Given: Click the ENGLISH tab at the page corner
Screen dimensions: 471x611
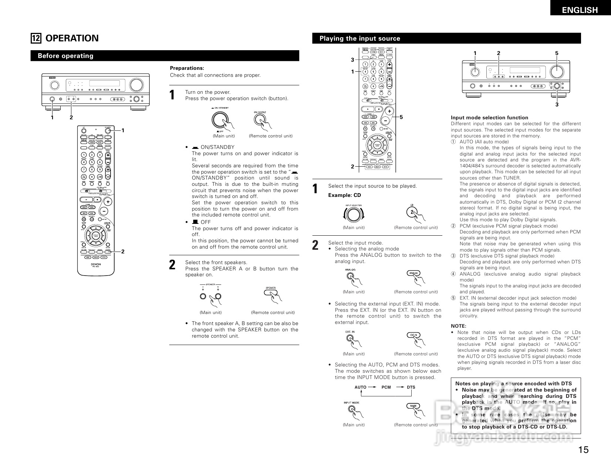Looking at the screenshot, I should (580, 10).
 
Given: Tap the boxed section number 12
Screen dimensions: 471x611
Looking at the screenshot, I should (36, 38).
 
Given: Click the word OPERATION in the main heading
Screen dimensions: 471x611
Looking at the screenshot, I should (72, 38).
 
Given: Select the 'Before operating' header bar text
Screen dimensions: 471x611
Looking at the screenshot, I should (65, 56).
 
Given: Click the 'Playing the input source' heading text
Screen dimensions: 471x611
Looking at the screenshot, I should (359, 38).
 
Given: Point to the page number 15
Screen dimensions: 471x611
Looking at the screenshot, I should (583, 450).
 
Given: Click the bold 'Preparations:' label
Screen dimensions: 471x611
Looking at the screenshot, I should (187, 68).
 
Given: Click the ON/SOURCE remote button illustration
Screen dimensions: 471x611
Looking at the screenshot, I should (260, 119).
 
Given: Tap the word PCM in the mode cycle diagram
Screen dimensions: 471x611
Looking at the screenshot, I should (386, 387).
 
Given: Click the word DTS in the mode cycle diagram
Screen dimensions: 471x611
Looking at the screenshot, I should (411, 387).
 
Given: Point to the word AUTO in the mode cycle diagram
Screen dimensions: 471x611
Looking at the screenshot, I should (360, 387).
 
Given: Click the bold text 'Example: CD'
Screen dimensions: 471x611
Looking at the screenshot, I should (344, 195).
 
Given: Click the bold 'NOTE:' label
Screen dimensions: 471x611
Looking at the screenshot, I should (458, 326).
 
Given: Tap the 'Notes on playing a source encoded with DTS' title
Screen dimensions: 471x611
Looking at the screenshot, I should (513, 383).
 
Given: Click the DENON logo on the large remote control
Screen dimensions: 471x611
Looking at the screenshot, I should (96, 264).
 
